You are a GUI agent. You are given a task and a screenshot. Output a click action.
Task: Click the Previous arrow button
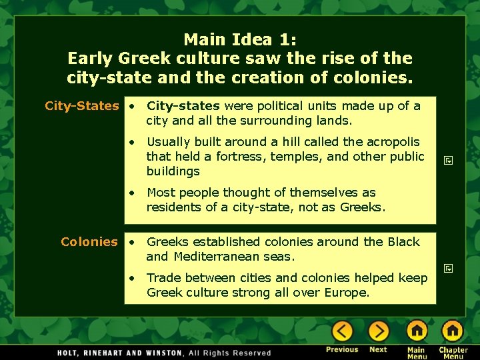[x=342, y=331]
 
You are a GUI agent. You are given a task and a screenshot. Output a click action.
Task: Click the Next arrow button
[x=378, y=331]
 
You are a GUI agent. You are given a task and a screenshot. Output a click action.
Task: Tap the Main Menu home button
[x=417, y=331]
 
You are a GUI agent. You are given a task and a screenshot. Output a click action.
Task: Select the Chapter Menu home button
[x=453, y=331]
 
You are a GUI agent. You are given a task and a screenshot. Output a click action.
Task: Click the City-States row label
[x=81, y=106]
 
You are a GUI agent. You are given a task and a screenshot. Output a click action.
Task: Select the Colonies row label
[x=89, y=242]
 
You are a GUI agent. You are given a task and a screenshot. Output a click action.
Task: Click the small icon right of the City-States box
[x=449, y=160]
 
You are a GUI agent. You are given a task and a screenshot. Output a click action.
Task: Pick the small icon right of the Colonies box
[x=449, y=269]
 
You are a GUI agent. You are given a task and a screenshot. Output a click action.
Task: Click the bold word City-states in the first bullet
[x=183, y=106]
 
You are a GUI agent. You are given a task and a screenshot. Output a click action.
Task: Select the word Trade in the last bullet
[x=164, y=278]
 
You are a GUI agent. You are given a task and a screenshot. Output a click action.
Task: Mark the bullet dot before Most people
[x=134, y=193]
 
